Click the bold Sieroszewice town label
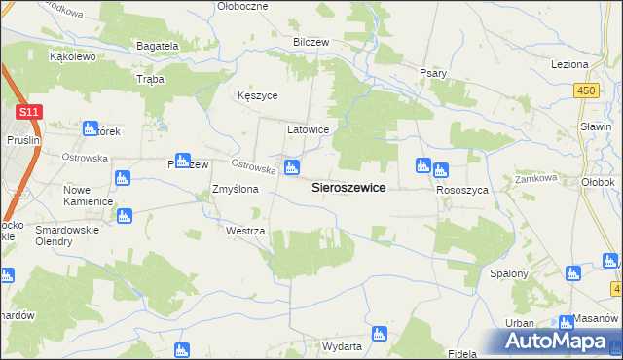(x=348, y=188)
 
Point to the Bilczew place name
(x=312, y=43)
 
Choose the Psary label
(x=432, y=73)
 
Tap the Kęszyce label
(x=259, y=96)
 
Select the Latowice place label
(x=308, y=129)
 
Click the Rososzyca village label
(x=462, y=190)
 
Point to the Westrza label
(x=245, y=232)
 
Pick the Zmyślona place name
(x=236, y=190)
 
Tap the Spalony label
(x=508, y=273)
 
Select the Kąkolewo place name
(x=71, y=57)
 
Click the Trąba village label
(x=151, y=79)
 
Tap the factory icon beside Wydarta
(x=379, y=334)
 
